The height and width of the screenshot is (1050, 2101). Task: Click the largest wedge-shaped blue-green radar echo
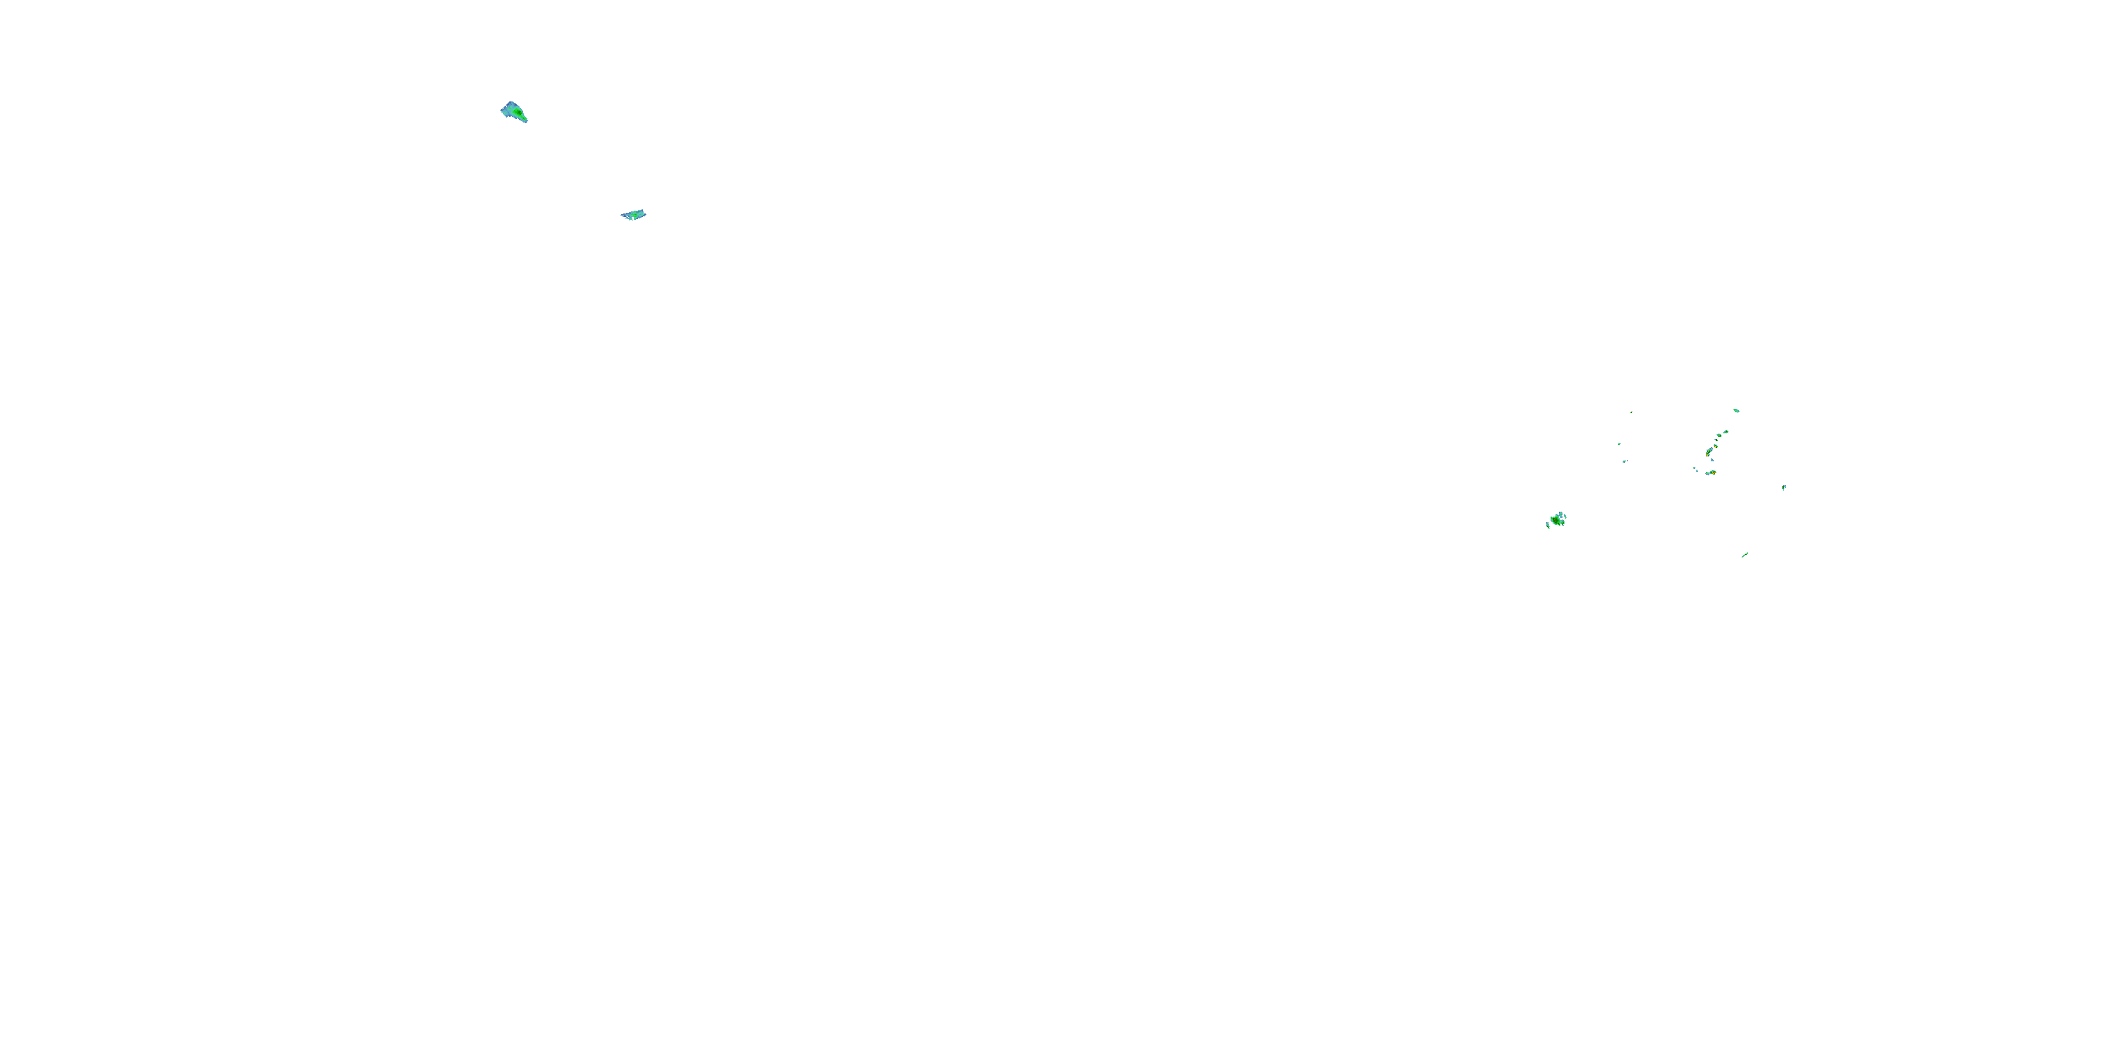[513, 112]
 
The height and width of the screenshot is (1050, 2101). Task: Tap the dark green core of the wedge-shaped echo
[517, 112]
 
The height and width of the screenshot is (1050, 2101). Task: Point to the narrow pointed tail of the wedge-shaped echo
[525, 120]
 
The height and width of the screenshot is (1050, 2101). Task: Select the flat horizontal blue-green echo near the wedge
[634, 215]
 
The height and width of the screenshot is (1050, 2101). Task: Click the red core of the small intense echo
[1714, 472]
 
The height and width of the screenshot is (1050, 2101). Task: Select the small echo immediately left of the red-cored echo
[1708, 474]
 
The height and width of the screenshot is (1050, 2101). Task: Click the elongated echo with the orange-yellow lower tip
[1710, 451]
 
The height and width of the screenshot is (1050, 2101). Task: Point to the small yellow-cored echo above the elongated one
[1716, 446]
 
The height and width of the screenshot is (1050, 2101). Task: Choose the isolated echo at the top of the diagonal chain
[1736, 411]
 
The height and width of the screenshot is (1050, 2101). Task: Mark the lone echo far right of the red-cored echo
[1784, 487]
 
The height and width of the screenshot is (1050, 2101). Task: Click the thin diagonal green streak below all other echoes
[1745, 555]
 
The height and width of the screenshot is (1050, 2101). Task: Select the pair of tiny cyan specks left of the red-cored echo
[1696, 469]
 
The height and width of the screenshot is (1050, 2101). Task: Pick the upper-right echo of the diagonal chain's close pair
[1726, 432]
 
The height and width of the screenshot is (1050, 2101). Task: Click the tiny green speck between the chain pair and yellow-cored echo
[1717, 440]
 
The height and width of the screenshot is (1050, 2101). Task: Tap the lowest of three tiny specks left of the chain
[1625, 461]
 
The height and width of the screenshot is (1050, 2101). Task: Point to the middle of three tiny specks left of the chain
[1620, 444]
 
